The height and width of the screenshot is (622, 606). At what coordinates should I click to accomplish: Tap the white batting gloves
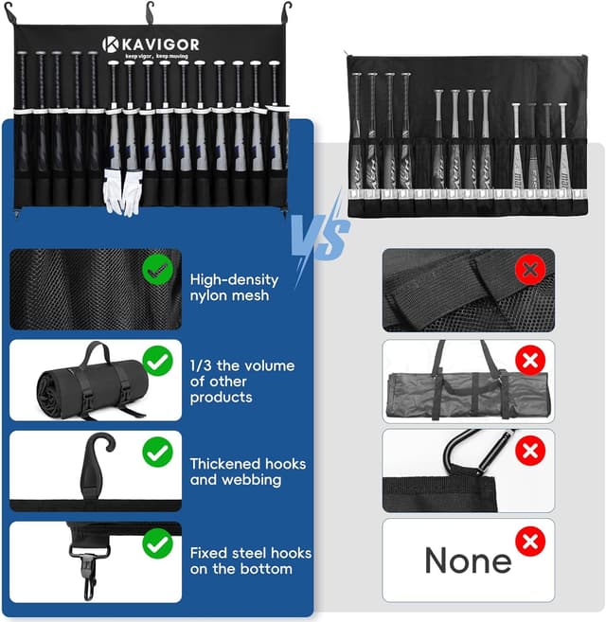(x=123, y=192)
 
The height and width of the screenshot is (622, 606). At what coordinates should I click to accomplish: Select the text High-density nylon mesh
(x=234, y=287)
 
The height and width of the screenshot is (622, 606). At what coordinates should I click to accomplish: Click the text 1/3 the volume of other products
(x=241, y=381)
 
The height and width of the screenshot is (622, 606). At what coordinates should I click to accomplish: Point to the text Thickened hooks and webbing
(x=247, y=471)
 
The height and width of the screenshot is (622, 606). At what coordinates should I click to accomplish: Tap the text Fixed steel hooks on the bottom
(x=250, y=560)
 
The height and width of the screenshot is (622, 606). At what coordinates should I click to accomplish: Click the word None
(x=468, y=560)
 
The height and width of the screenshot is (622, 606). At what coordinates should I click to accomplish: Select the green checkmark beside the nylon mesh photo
(x=158, y=271)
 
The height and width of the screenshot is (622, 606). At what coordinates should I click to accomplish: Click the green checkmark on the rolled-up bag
(x=157, y=361)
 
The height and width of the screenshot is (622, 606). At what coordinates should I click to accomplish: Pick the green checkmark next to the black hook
(x=157, y=453)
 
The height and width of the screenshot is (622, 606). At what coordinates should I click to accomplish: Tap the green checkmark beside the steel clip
(x=157, y=543)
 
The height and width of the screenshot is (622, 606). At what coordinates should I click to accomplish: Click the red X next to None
(x=530, y=542)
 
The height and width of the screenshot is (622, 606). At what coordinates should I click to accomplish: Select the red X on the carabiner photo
(x=530, y=452)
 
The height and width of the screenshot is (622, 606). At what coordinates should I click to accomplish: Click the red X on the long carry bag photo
(x=530, y=361)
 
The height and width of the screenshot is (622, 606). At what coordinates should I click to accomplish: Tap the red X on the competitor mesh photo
(x=530, y=270)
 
